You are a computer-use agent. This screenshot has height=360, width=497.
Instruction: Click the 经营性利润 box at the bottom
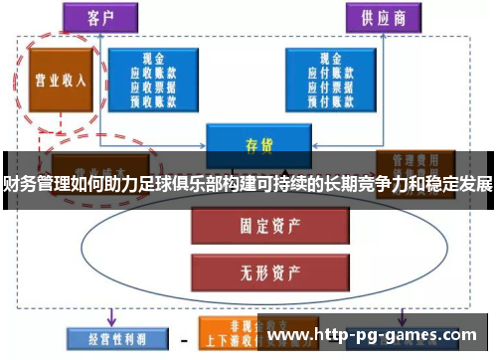pos(108,336)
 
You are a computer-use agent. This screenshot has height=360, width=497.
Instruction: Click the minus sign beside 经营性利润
pos(181,338)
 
